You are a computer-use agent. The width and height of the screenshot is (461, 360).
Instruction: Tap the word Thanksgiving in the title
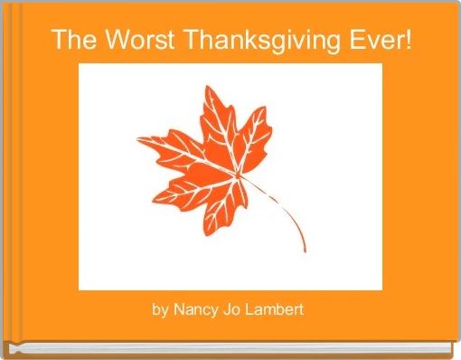249,41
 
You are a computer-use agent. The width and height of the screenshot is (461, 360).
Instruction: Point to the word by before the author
160,310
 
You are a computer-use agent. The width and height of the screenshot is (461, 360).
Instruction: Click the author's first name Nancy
195,310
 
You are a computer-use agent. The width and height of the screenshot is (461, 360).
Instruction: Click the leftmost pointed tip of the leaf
137,138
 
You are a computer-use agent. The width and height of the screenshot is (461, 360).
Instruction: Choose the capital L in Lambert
252,310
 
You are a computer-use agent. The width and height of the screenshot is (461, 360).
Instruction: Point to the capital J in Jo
228,310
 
